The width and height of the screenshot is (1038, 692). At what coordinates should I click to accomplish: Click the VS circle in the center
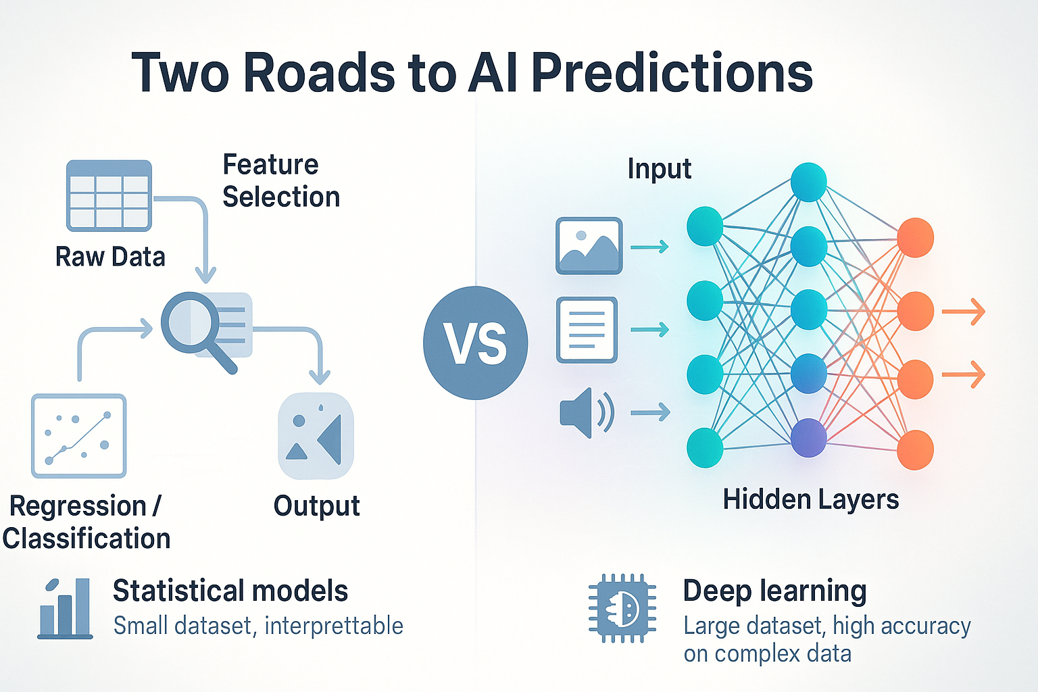pyautogui.click(x=475, y=343)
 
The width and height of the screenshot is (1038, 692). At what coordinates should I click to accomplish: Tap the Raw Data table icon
pyautogui.click(x=109, y=196)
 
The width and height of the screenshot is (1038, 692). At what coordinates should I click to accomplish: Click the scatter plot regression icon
pyautogui.click(x=78, y=436)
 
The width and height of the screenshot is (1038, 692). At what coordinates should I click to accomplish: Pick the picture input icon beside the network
pyautogui.click(x=589, y=245)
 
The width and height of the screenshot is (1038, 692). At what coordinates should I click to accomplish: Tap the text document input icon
pyautogui.click(x=587, y=330)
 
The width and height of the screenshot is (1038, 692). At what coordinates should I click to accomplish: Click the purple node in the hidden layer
pyautogui.click(x=808, y=438)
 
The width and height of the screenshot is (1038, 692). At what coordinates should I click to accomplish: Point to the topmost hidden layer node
pyautogui.click(x=808, y=182)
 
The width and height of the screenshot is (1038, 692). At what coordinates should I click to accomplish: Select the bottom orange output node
pyautogui.click(x=915, y=449)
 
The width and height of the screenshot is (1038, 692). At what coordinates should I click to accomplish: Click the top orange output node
pyautogui.click(x=915, y=238)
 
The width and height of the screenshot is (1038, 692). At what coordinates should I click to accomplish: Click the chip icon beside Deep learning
pyautogui.click(x=622, y=608)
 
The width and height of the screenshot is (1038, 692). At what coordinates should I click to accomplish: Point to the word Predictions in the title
pyautogui.click(x=672, y=72)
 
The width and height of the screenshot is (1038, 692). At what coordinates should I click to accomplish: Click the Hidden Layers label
pyautogui.click(x=810, y=499)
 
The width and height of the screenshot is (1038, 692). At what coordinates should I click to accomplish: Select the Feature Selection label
pyautogui.click(x=280, y=180)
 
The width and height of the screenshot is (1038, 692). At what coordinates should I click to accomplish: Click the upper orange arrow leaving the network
pyautogui.click(x=963, y=312)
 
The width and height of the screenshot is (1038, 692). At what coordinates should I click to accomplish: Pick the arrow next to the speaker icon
pyautogui.click(x=650, y=412)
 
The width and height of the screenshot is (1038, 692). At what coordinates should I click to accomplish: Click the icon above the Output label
pyautogui.click(x=316, y=436)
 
